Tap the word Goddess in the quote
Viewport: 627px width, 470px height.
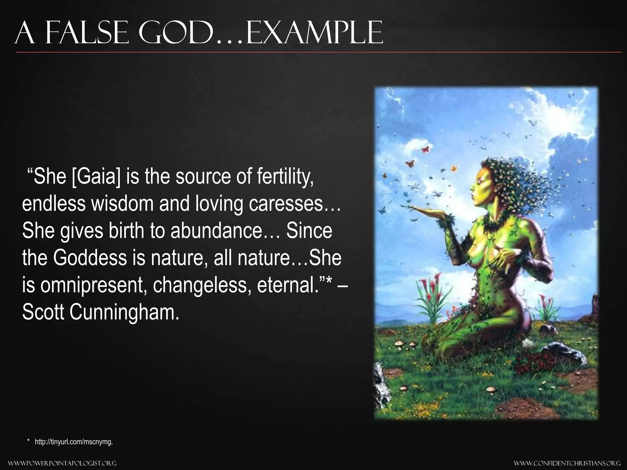pos(89,257)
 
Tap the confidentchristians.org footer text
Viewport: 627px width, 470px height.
pos(567,463)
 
